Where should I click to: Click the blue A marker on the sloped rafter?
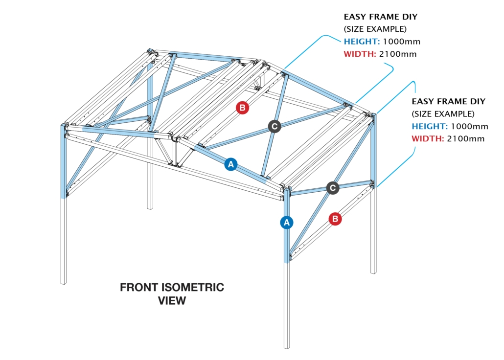click(231, 165)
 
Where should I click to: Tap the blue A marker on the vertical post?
click(287, 223)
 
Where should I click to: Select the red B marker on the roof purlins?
click(243, 108)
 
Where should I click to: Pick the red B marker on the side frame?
click(335, 219)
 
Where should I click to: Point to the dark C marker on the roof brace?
click(275, 126)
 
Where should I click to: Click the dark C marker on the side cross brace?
click(333, 188)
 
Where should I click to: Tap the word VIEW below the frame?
click(172, 300)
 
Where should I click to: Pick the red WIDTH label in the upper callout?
click(360, 54)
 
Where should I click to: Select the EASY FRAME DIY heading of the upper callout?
click(380, 17)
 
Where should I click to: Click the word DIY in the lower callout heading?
click(477, 102)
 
